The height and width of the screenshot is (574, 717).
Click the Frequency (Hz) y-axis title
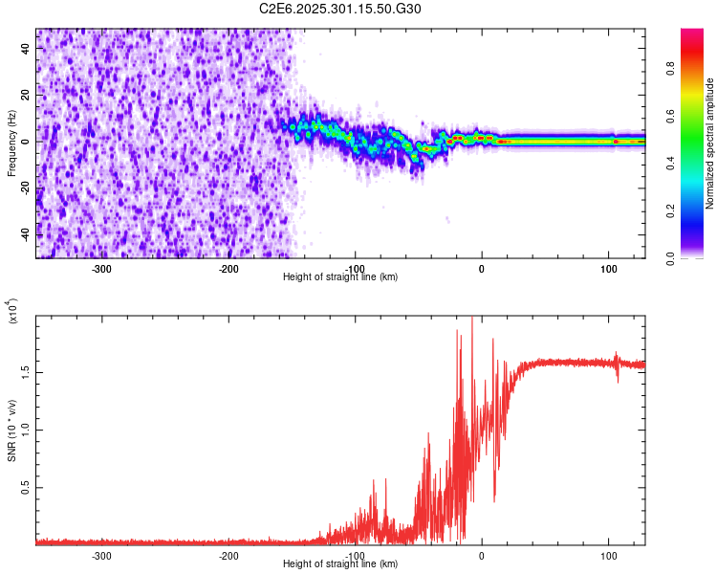click(x=11, y=143)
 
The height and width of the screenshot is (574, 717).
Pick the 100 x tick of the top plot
click(x=609, y=268)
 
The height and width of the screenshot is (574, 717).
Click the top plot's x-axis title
click(x=340, y=276)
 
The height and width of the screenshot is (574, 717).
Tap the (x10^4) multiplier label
click(x=12, y=311)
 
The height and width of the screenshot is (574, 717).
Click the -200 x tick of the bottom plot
click(x=228, y=555)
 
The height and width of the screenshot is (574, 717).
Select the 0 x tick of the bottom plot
click(x=482, y=555)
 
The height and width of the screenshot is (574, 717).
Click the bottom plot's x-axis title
click(x=340, y=563)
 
